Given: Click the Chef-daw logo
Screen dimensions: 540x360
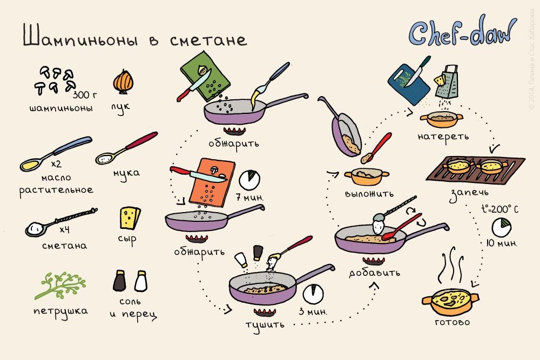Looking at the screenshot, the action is pos(463,33).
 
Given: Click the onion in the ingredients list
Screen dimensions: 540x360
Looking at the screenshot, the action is pos(123,81).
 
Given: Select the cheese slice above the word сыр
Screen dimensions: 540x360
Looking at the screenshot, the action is pos(130,218).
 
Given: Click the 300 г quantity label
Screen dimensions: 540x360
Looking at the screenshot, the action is pos(85,94).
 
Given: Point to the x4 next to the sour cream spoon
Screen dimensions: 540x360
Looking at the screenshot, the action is pos(64,229).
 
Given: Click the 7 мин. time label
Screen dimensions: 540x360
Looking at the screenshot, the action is pos(249,198).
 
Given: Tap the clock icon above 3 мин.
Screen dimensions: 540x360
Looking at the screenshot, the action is pos(313,294).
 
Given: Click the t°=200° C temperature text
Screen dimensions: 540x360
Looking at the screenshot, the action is pos(500,209).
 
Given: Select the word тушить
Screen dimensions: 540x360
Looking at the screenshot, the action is pos(265,325).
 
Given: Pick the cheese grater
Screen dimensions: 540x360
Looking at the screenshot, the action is pos(447,82).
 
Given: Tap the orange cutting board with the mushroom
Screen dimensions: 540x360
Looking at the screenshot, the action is pos(212,182).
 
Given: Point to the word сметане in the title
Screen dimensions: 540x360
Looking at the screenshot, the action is pos(208,40).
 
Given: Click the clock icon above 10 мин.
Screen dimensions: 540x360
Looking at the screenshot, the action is pos(502,227).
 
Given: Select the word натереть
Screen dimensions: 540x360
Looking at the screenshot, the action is pos(443,137).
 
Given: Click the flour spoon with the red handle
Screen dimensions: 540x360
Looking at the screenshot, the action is pos(126,148).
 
